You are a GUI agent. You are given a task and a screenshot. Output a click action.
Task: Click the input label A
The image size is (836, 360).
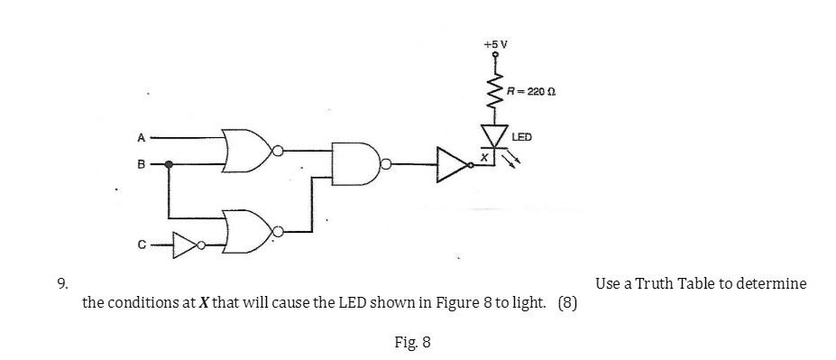coord(141,138)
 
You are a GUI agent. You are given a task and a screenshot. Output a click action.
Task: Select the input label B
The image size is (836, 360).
coord(140,165)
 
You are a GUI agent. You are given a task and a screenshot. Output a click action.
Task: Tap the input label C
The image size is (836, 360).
coord(141,244)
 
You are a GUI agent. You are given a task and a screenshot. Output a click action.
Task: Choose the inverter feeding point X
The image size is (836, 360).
coord(454,164)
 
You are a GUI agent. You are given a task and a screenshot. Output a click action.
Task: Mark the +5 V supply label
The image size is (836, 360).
coord(496,42)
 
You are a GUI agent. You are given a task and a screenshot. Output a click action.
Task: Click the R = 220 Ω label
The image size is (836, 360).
coord(530,91)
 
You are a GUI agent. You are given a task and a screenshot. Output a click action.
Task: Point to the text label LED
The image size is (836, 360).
coord(522,137)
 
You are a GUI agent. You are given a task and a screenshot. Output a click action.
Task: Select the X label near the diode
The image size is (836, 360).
coord(483,156)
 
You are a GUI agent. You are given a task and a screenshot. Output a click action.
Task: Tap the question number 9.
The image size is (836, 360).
coord(61,283)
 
